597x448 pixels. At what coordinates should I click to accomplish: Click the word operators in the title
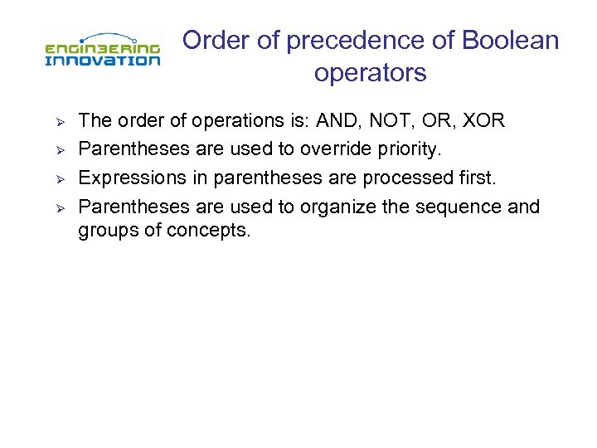coord(370,73)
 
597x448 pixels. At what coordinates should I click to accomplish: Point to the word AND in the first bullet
coord(339,121)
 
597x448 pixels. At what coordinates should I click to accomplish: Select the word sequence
coord(459,206)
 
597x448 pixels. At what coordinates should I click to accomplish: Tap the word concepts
coord(207,231)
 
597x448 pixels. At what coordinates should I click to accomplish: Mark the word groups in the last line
coord(107,231)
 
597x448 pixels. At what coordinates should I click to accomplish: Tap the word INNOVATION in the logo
coord(101,60)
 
